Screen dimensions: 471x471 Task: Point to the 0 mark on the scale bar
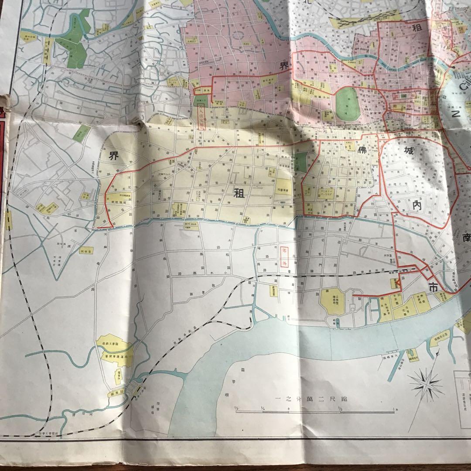(289, 409)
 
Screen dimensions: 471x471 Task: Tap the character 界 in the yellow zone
(114, 156)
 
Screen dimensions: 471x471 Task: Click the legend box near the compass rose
(462, 388)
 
